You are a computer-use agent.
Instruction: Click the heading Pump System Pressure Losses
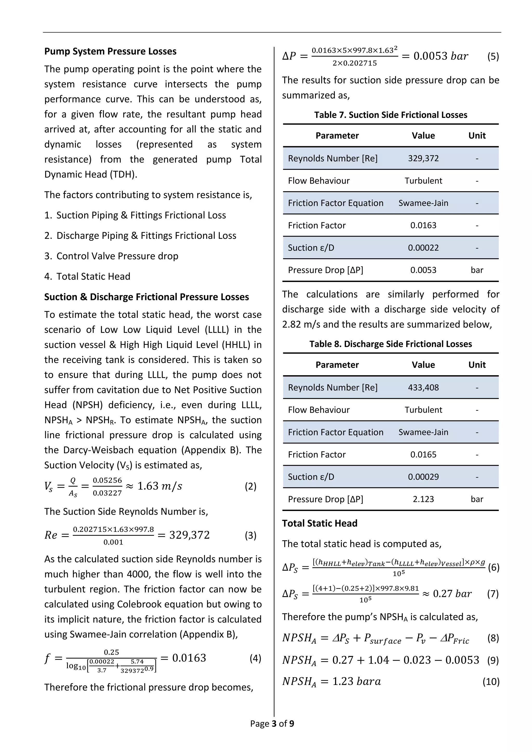[110, 51]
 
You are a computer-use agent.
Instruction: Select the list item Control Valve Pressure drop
[117, 256]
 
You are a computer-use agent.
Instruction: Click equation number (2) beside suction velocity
[251, 486]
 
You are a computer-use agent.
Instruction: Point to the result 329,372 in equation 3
[189, 535]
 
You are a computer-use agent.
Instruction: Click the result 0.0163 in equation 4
[189, 658]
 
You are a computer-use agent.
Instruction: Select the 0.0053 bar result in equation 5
[441, 56]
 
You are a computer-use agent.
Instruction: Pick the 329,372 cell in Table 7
[423, 158]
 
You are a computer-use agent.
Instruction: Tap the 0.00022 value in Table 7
[423, 248]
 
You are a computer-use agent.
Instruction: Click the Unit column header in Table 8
[477, 365]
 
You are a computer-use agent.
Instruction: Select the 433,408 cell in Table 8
[423, 387]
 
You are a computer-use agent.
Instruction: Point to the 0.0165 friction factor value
[423, 455]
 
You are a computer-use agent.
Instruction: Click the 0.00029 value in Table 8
[423, 477]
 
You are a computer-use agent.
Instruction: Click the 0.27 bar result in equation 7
[452, 594]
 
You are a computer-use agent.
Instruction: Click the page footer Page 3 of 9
[272, 723]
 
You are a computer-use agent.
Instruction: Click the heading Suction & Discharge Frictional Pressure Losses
[147, 297]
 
